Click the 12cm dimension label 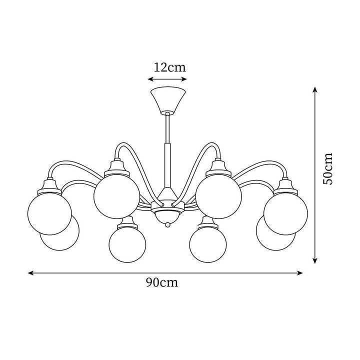[x=169, y=67]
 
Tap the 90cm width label [x=162, y=282]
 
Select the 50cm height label [x=327, y=168]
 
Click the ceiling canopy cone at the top [x=168, y=100]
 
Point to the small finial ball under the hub [x=168, y=224]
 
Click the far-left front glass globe [x=49, y=213]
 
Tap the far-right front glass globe [x=286, y=213]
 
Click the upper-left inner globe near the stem [x=116, y=196]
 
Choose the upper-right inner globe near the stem [x=219, y=196]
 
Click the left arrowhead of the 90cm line [x=30, y=273]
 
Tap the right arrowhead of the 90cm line [x=300, y=273]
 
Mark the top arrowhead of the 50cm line [x=315, y=90]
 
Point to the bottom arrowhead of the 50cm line [x=315, y=260]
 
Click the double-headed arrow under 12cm [x=167, y=79]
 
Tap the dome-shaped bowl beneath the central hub [x=168, y=216]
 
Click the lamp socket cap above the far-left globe [x=49, y=185]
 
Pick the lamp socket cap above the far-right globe [x=285, y=185]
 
